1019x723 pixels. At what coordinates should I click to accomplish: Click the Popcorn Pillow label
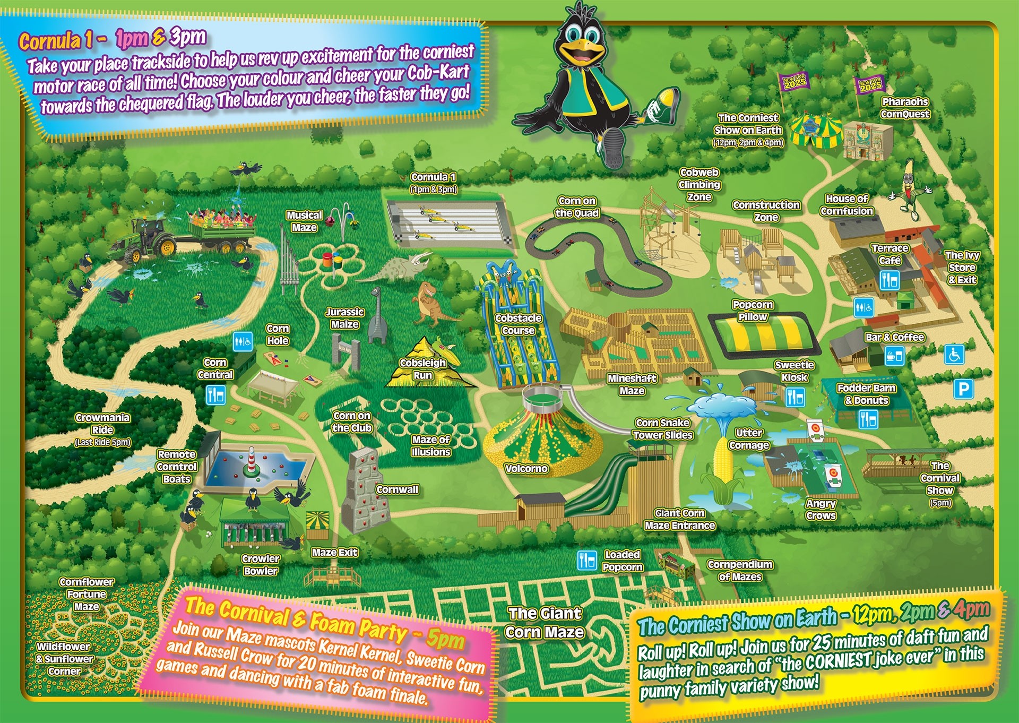coord(753,311)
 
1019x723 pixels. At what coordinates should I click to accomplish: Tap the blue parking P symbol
coord(963,389)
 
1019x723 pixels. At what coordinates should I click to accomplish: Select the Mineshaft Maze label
coord(632,384)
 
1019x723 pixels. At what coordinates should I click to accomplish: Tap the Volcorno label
coord(526,469)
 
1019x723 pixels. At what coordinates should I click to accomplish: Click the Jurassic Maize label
coord(344,318)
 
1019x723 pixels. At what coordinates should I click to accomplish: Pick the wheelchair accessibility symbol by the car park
coord(954,355)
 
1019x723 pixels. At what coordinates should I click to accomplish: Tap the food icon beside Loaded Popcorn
coord(587,560)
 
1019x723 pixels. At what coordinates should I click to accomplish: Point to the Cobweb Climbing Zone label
coord(700,185)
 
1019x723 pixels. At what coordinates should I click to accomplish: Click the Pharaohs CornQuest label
coord(905,108)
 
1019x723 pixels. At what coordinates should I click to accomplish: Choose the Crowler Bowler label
coord(261,565)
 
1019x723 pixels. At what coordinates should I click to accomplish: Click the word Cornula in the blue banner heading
coord(50,40)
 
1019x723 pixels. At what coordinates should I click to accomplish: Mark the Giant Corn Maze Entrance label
coord(680,519)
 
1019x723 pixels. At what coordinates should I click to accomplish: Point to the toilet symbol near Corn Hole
coord(243,341)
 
